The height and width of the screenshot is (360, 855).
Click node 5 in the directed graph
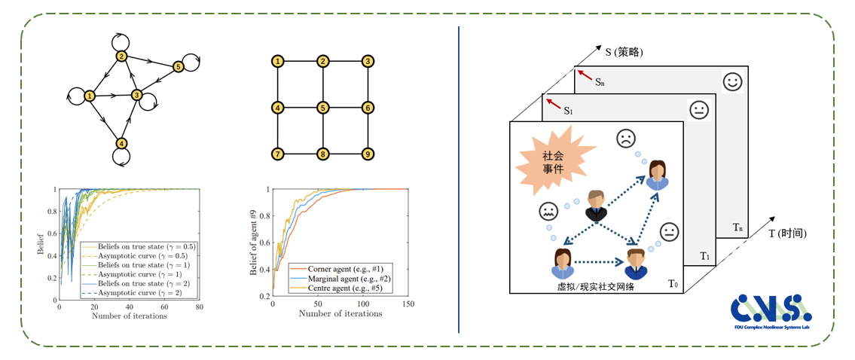coord(179,67)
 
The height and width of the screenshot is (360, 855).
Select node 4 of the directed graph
coord(121,143)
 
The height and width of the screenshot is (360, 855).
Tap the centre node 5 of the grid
coord(322,108)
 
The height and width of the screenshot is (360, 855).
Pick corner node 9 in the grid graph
coord(368,154)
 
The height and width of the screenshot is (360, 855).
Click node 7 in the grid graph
coord(278,154)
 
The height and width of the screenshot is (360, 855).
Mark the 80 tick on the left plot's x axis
coord(199,307)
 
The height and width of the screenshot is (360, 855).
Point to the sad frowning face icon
coord(624,139)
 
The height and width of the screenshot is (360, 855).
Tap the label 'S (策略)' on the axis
coord(624,52)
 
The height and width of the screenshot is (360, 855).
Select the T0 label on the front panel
coord(675,283)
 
